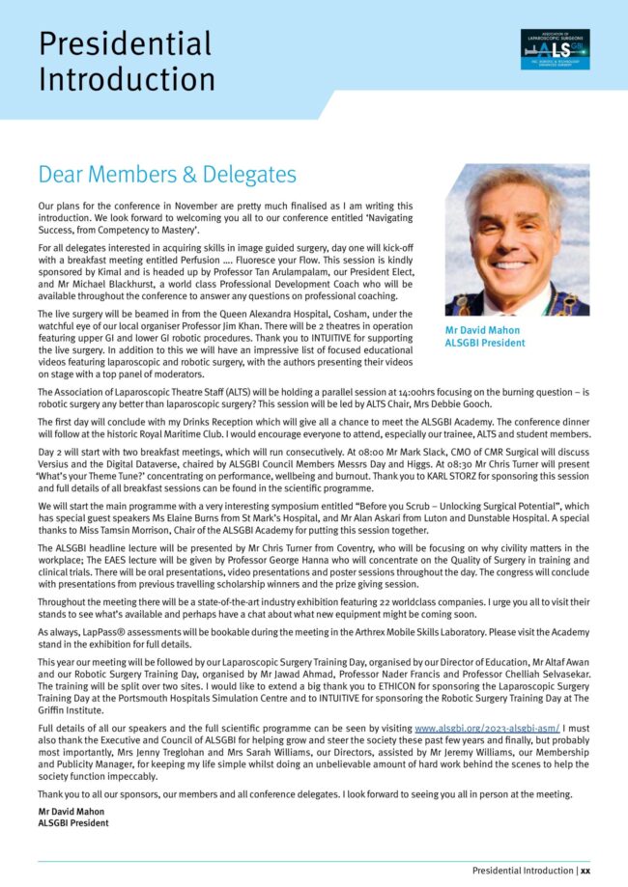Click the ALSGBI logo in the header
555,48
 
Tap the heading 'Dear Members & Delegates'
166,175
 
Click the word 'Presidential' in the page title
125,43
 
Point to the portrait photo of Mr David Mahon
517,239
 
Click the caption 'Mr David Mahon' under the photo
481,330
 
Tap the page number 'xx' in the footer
585,871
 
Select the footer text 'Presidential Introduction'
523,871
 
